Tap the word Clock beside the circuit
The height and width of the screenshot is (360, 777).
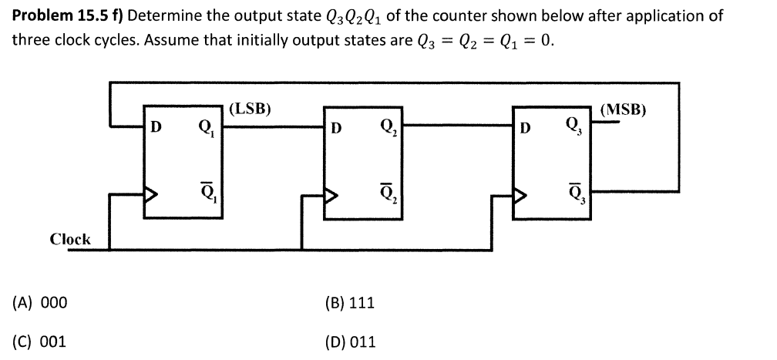(x=70, y=239)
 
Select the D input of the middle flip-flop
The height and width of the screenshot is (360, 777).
(x=336, y=128)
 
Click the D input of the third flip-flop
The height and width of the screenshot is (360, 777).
(x=526, y=128)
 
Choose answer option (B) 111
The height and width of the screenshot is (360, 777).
(x=351, y=302)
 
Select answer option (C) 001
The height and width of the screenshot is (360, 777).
(x=39, y=340)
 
